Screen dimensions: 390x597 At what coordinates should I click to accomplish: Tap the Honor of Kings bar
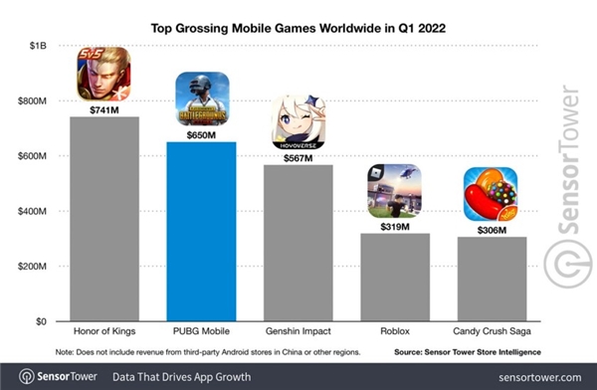(104, 219)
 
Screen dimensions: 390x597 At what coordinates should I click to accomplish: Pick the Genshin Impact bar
(298, 243)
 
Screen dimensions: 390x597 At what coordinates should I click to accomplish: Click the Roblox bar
(395, 278)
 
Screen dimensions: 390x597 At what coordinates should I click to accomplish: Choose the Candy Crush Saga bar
(492, 280)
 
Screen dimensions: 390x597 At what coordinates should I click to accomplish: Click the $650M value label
(202, 132)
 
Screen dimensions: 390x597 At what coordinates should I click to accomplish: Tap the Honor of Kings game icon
(104, 74)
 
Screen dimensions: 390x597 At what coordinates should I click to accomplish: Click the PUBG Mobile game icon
(202, 98)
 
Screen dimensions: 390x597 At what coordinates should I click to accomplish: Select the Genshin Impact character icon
(298, 121)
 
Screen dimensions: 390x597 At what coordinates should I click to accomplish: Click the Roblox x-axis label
(395, 335)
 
